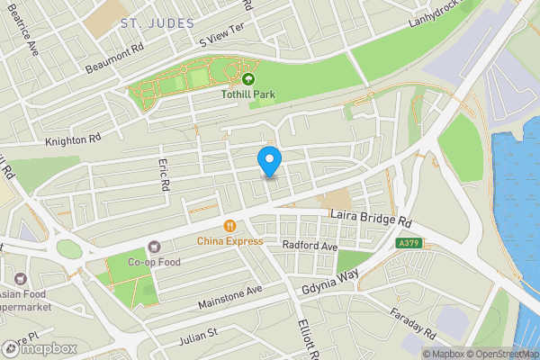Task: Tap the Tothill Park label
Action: pos(247,94)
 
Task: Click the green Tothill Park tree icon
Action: pos(248,78)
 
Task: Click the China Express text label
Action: pos(230,240)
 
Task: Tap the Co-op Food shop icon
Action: pos(153,246)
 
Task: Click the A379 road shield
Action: pos(409,243)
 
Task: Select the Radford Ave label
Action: pos(309,246)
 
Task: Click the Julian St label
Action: pos(199,333)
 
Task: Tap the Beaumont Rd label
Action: pos(113,57)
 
